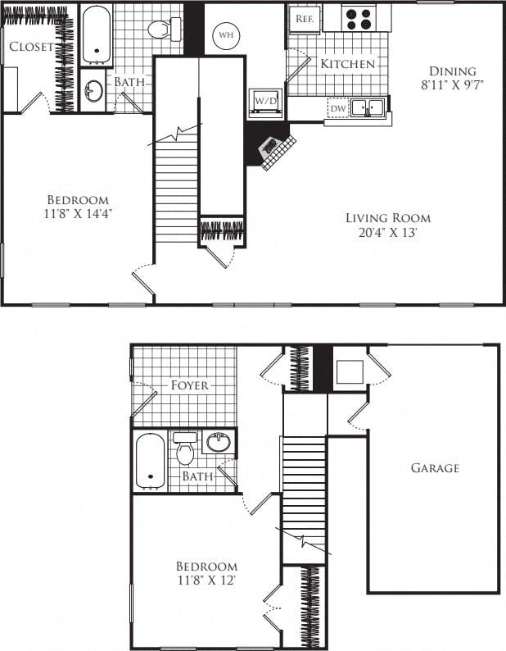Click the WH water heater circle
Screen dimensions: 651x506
point(226,36)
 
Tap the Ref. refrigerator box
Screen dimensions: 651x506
point(305,18)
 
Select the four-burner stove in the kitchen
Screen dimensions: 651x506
point(358,18)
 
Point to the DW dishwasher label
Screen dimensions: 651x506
point(337,107)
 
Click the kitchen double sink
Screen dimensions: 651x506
point(369,107)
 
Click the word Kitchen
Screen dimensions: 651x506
point(347,64)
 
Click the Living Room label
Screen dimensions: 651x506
point(387,218)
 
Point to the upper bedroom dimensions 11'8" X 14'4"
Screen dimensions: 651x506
point(78,214)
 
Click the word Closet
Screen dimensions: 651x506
point(31,47)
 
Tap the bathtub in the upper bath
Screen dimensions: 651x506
point(97,35)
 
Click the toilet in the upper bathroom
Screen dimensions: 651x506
point(165,30)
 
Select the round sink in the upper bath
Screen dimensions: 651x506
point(93,90)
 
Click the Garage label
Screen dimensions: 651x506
point(435,468)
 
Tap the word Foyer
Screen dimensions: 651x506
point(190,385)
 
